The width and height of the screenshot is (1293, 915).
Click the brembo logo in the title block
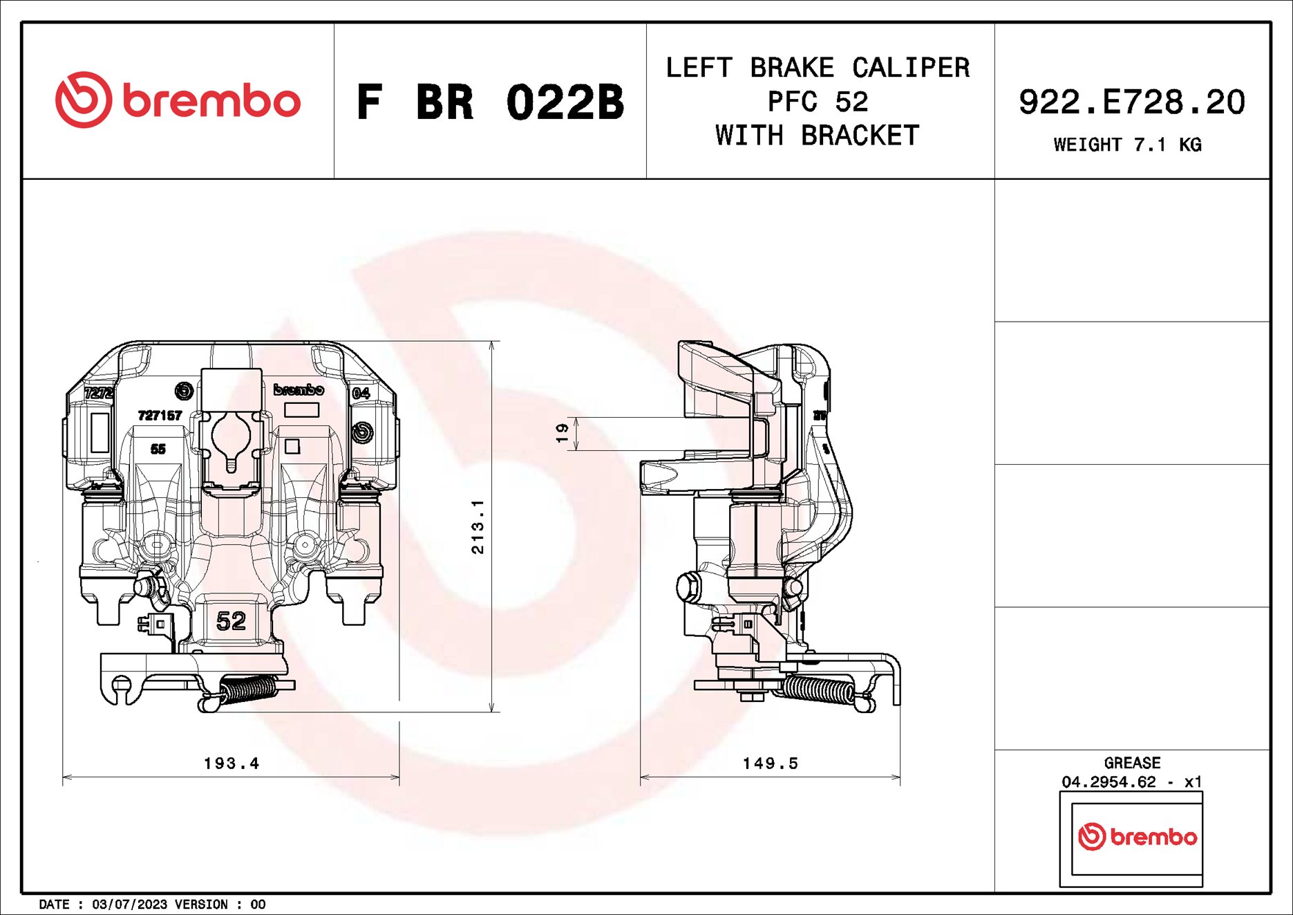178,100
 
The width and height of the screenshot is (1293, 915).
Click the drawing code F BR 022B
489,102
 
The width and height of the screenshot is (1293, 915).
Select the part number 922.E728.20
1131,102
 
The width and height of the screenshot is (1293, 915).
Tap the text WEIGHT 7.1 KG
1127,145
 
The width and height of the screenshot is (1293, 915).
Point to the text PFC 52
818,102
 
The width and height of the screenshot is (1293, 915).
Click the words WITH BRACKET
818,136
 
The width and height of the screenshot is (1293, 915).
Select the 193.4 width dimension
232,763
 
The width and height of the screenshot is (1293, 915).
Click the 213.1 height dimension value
478,526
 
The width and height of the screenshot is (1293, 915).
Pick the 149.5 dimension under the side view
770,763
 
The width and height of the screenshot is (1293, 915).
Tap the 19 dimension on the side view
562,433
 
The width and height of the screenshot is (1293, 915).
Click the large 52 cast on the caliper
231,620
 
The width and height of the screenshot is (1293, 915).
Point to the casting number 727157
160,415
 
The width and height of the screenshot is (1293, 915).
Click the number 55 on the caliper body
158,449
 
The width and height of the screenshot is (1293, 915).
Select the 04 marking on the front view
361,393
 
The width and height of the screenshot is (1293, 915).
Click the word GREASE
1132,762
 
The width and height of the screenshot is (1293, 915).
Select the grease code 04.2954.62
1108,782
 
